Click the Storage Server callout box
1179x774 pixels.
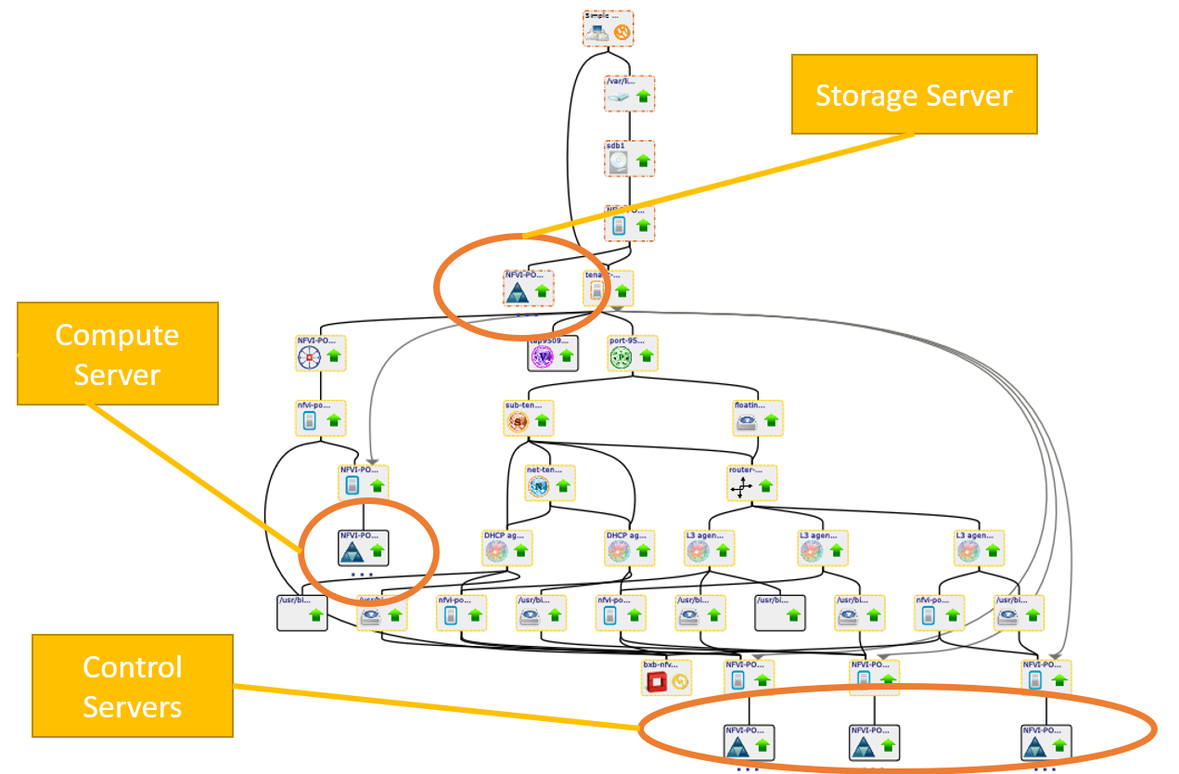[914, 94]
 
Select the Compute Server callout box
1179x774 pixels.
[118, 354]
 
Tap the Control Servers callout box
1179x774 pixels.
[133, 686]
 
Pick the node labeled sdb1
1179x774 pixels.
[630, 159]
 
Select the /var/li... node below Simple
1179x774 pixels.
[630, 94]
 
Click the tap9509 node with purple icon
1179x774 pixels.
[553, 354]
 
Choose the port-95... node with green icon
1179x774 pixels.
[633, 354]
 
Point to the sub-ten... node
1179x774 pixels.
[529, 419]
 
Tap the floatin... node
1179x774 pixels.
[758, 419]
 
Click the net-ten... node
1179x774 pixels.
[550, 483]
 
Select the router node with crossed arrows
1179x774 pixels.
[752, 483]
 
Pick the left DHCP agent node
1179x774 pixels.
[508, 548]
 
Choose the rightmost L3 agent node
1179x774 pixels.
[980, 548]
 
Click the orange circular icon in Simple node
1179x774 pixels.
[622, 34]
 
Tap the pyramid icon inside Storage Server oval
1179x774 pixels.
[518, 294]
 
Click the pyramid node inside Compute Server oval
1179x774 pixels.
[364, 548]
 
